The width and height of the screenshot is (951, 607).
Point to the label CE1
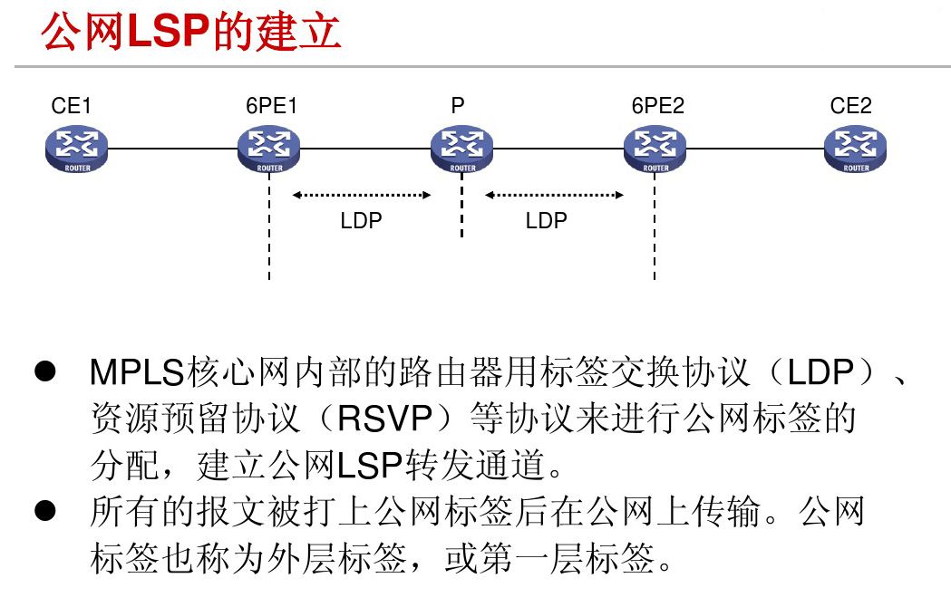click(x=72, y=106)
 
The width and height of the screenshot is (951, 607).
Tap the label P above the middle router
click(x=458, y=106)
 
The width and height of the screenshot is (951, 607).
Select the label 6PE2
click(x=658, y=106)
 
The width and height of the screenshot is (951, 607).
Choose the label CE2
click(x=850, y=106)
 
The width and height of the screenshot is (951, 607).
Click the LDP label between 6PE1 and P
click(x=361, y=221)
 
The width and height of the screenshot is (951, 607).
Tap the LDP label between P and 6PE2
click(x=546, y=221)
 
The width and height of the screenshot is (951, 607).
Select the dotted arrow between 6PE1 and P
click(x=361, y=194)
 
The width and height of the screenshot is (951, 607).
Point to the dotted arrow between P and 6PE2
click(x=555, y=194)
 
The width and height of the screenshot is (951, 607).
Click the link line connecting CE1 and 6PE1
click(x=172, y=148)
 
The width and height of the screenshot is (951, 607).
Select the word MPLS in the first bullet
click(x=138, y=371)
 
